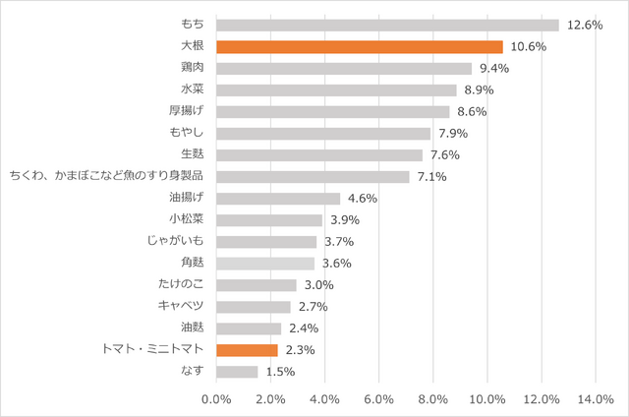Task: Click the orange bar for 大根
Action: point(359,46)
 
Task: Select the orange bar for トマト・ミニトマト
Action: point(247,350)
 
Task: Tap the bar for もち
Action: point(386,25)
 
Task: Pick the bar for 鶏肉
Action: point(343,68)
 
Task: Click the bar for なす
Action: point(236,372)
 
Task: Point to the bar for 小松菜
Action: point(268,220)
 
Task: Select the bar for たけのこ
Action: point(256,285)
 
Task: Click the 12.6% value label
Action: point(586,25)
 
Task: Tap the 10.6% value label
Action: point(530,46)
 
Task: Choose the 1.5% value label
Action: point(279,372)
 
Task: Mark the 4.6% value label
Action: point(363,199)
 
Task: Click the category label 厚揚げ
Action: point(187,111)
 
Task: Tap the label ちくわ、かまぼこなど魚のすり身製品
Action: point(106,177)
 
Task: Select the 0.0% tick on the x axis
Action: point(216,398)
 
